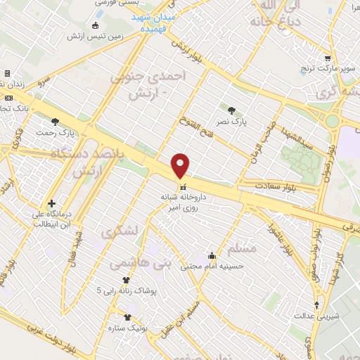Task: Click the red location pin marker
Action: point(181,165)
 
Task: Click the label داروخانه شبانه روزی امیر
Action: point(184,202)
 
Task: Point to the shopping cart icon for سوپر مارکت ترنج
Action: point(328,58)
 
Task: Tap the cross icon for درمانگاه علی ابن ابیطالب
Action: point(51,203)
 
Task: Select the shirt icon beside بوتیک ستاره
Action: point(127,317)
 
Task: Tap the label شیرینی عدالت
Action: point(319,316)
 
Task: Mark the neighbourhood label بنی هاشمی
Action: point(132,262)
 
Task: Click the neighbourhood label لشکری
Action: point(120,230)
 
